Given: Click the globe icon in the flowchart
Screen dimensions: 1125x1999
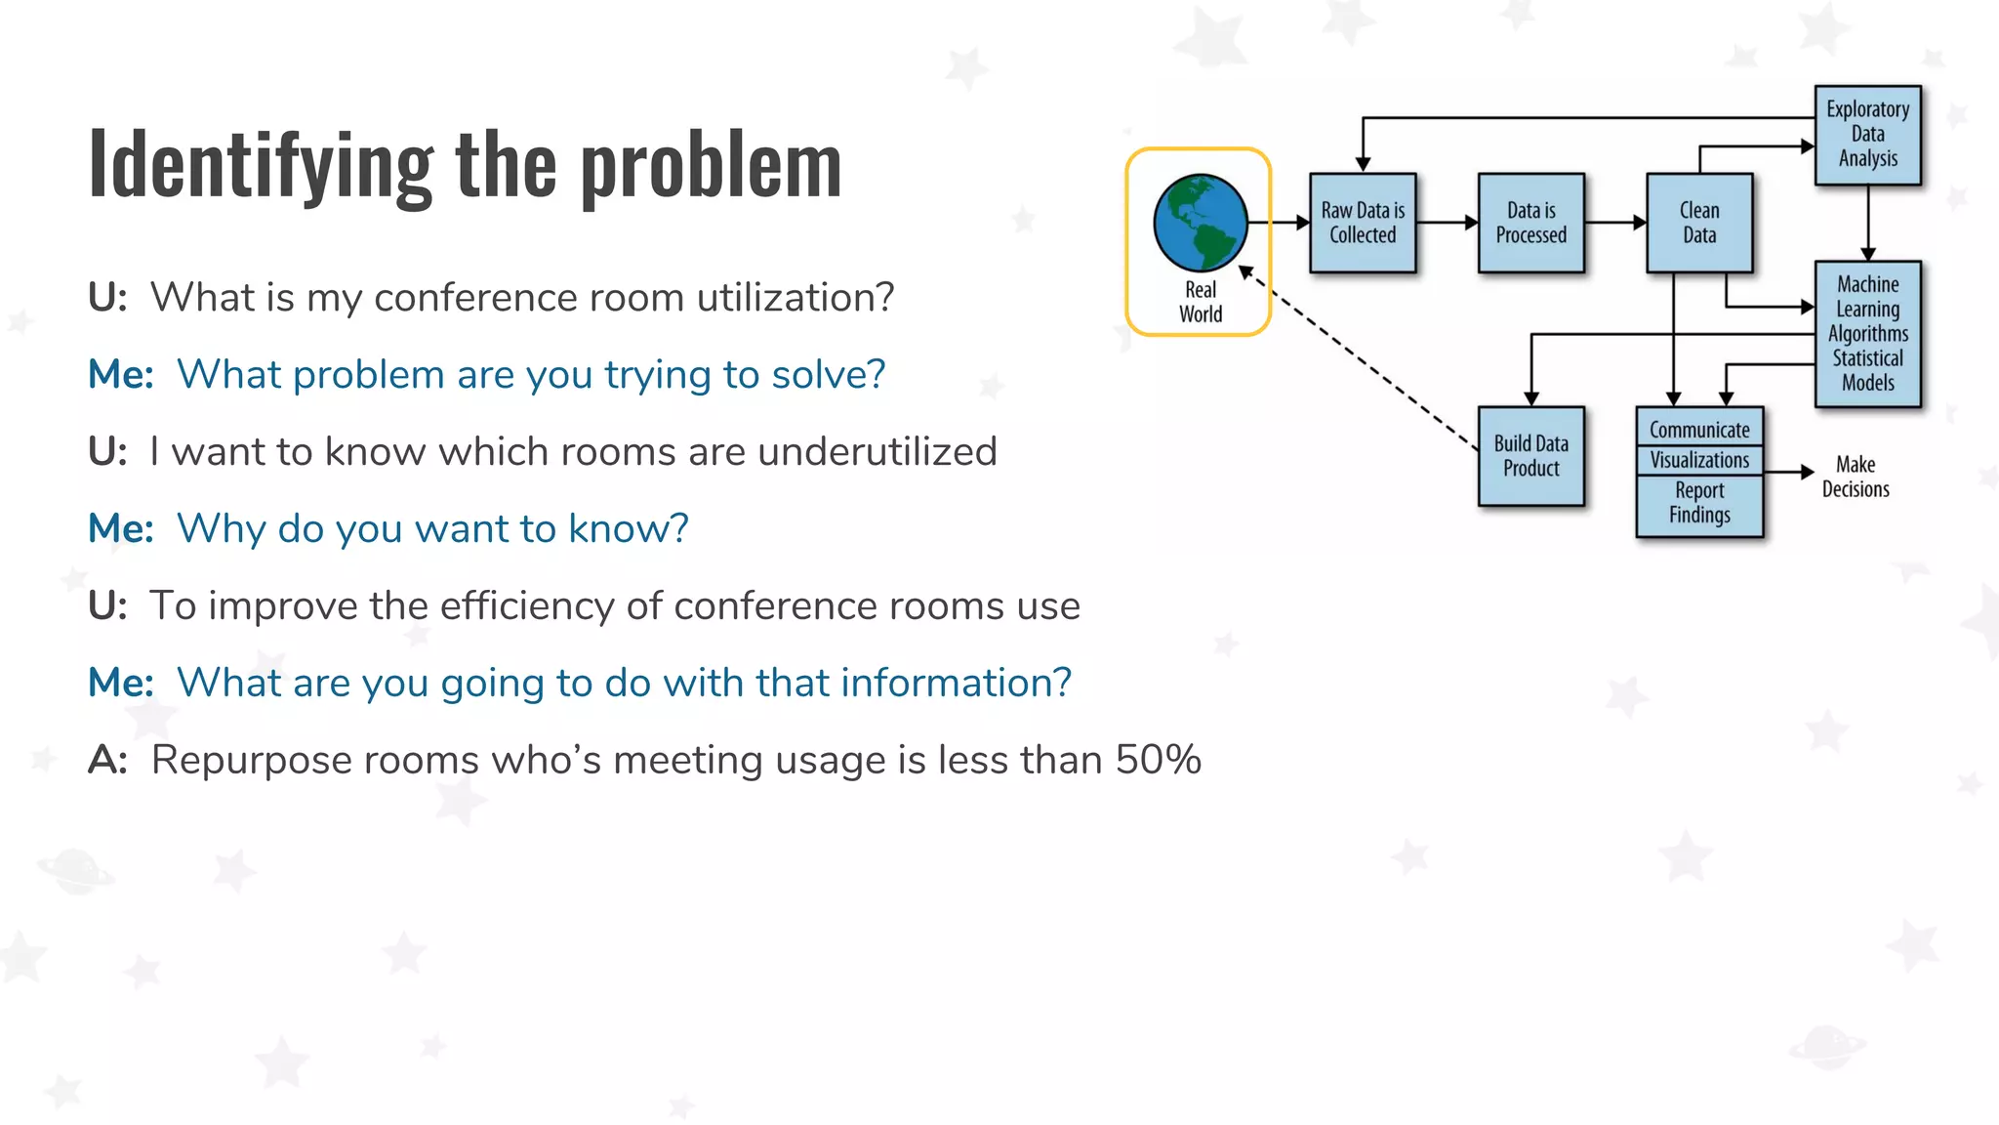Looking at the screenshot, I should [x=1200, y=223].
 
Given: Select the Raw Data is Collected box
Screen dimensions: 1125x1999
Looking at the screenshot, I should [x=1363, y=223].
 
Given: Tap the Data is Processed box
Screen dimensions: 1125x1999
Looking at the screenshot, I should [x=1530, y=223].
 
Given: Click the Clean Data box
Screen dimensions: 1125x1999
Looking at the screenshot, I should [x=1698, y=223].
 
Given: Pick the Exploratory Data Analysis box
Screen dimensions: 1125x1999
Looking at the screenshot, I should [x=1867, y=135].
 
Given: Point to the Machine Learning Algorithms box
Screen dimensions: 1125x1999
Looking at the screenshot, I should [x=1867, y=333].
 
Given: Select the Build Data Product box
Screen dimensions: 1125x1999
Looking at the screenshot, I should [x=1530, y=456].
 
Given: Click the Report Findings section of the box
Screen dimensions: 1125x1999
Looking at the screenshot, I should [x=1699, y=504].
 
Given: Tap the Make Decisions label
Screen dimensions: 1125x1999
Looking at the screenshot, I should [x=1855, y=477].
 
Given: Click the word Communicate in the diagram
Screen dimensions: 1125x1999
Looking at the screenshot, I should [x=1699, y=430].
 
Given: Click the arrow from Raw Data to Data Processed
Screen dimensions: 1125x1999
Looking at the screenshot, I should [x=1447, y=223].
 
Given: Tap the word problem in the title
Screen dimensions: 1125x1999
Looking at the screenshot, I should [x=711, y=166].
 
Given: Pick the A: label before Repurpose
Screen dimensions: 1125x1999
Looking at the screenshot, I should [x=107, y=760].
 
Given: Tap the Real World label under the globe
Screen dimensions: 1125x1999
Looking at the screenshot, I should [x=1200, y=302].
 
